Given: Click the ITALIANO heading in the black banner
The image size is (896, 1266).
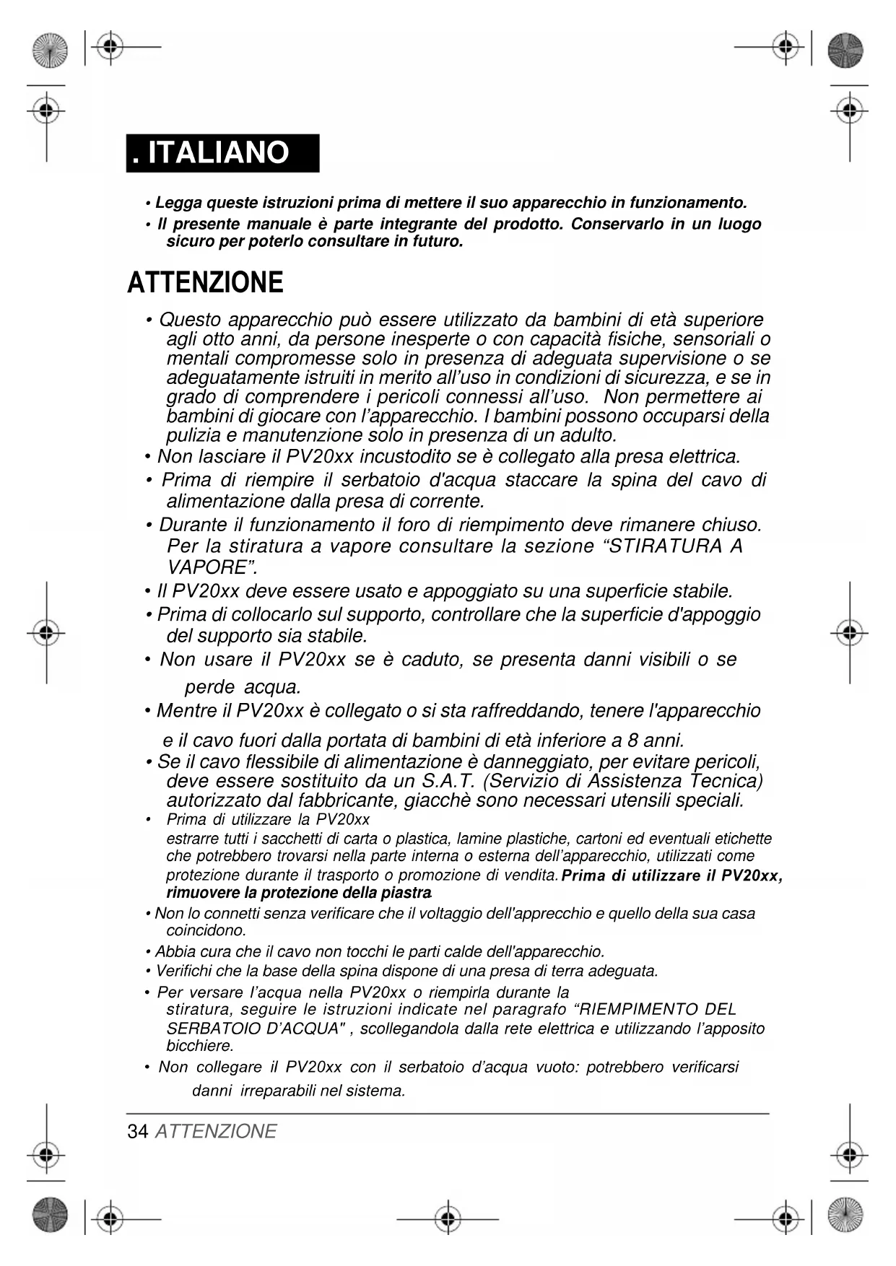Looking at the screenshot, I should click(217, 153).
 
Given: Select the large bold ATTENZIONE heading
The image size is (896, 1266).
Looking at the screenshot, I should click(205, 282).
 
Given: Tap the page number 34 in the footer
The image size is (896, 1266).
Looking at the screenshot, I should click(137, 1131).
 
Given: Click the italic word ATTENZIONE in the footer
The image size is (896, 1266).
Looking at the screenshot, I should click(216, 1131).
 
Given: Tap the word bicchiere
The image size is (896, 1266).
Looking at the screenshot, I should click(200, 1045).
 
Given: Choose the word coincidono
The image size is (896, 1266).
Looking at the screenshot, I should click(206, 930).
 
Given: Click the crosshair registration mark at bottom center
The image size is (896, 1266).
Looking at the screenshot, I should click(448, 1219).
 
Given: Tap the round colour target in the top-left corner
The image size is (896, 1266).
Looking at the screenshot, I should click(49, 51).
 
